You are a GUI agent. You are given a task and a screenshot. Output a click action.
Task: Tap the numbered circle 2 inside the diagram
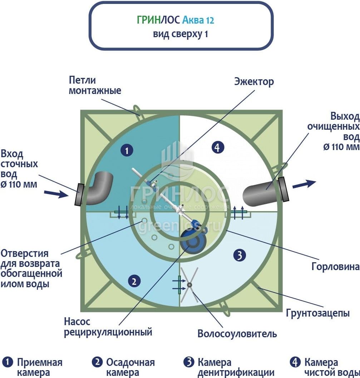pos(134,282)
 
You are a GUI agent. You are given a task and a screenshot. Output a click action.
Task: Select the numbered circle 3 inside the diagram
pos(239,255)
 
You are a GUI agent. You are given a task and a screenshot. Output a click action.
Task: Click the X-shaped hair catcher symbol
pos(189,285)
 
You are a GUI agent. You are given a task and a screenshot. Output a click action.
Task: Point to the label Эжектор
pos(254,81)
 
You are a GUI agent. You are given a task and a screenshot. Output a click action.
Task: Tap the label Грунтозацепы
pos(317,313)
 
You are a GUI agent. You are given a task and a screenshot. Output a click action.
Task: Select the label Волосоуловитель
pos(237,334)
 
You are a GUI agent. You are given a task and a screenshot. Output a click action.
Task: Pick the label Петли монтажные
pos(95,85)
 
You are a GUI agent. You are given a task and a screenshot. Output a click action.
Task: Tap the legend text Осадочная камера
pos(130,367)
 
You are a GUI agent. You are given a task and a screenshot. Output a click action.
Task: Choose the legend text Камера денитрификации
pos(236,367)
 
